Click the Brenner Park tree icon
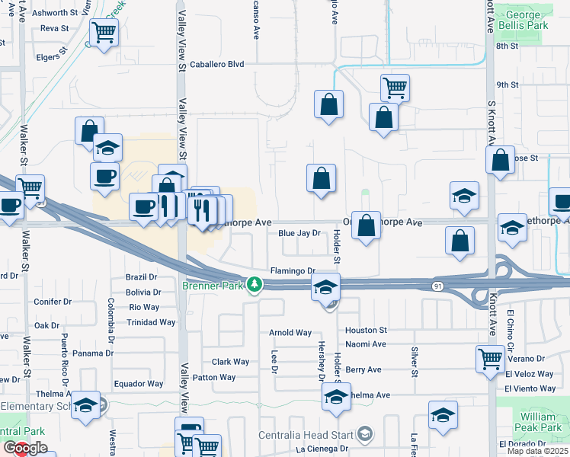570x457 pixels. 257,285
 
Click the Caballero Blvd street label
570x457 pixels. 217,65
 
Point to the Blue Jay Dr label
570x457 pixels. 298,234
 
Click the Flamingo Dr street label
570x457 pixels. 293,271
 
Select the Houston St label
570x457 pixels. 366,331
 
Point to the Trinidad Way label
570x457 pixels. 152,322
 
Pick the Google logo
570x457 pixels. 25,448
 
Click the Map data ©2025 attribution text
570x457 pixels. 537,451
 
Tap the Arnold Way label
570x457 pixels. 290,333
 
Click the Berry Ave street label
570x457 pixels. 363,370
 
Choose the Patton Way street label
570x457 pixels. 214,378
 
